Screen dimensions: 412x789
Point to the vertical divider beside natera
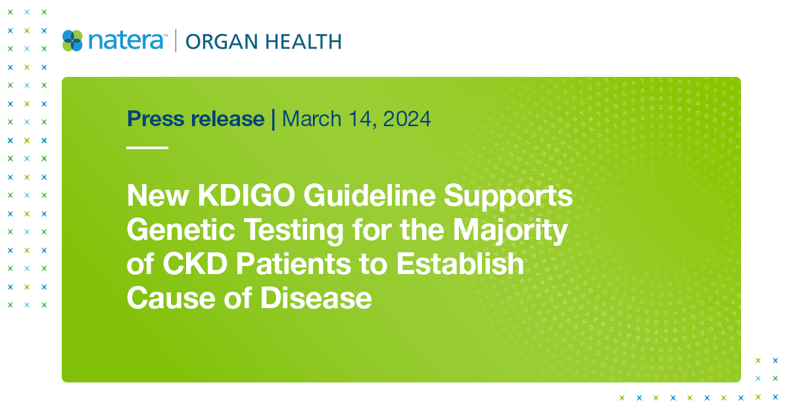(176, 41)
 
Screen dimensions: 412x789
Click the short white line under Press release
(147, 148)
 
